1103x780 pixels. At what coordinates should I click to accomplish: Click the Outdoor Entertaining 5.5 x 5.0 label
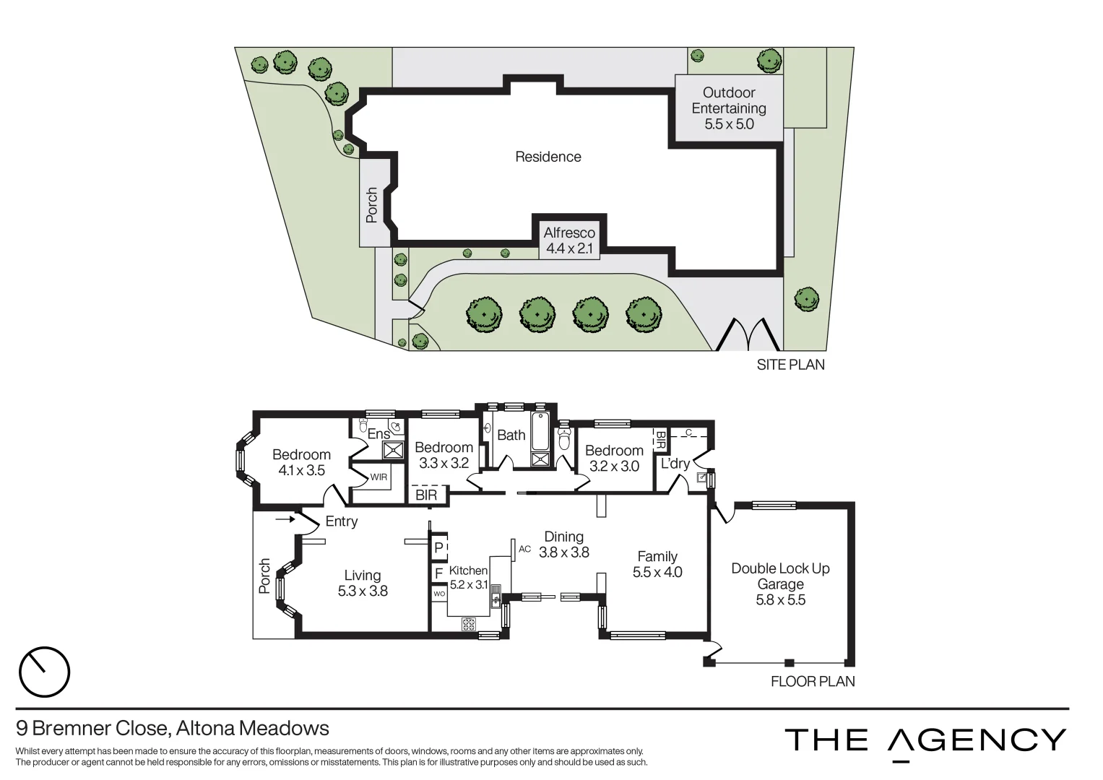click(x=729, y=108)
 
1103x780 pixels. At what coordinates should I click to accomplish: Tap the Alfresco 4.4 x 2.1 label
click(x=569, y=240)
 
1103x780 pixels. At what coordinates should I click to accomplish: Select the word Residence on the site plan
click(x=548, y=157)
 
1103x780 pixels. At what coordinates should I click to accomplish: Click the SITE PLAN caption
click(x=790, y=365)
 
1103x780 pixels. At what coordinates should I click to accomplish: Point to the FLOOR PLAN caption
click(x=813, y=681)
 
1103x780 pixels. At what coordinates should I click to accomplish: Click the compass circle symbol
click(x=44, y=672)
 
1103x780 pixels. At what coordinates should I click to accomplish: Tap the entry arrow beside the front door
click(x=285, y=519)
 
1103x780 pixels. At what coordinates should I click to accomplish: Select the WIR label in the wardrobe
click(x=379, y=477)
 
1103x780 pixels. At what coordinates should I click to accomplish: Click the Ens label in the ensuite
click(x=379, y=434)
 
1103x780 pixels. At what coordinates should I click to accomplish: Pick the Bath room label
click(x=511, y=435)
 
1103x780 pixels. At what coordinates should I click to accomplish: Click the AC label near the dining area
click(x=525, y=550)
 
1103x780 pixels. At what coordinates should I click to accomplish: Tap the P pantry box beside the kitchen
click(x=438, y=547)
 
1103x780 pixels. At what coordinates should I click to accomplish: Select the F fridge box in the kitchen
click(x=438, y=574)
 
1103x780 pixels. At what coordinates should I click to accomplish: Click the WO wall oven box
click(x=438, y=594)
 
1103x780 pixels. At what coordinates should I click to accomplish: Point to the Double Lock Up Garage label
click(x=780, y=584)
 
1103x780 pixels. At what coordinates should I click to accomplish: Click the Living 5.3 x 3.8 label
click(x=363, y=583)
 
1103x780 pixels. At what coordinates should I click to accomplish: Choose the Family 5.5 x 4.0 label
click(x=657, y=564)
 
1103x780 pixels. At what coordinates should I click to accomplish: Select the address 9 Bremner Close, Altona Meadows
click(x=173, y=728)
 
